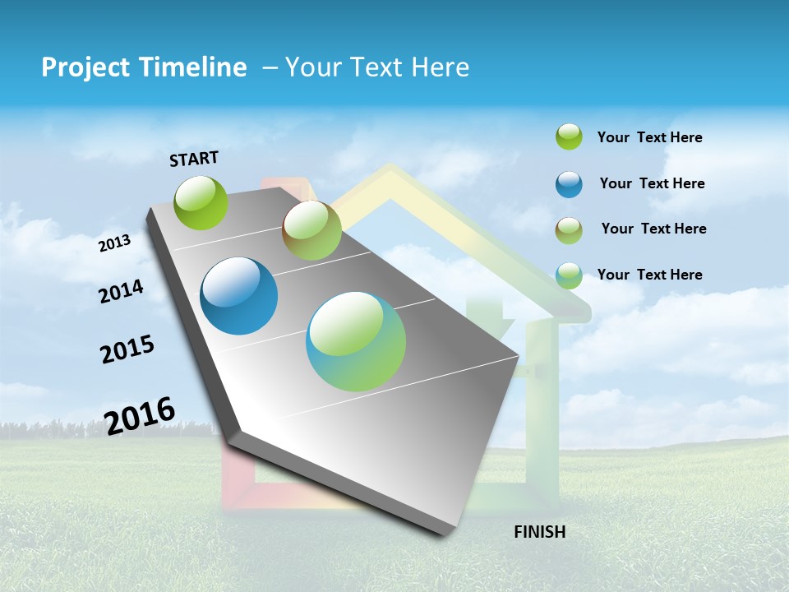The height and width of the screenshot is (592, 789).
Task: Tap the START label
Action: click(x=194, y=159)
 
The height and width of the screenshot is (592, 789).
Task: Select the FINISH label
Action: click(x=540, y=532)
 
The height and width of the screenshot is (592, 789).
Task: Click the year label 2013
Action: click(x=115, y=243)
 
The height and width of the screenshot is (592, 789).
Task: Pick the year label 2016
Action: click(x=140, y=415)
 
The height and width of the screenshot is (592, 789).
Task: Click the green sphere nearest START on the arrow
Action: click(x=201, y=202)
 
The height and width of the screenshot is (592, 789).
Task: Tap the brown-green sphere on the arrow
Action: click(x=311, y=231)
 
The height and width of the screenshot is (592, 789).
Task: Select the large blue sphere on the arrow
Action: click(x=239, y=296)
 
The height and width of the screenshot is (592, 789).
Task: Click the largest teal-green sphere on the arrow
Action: click(x=356, y=341)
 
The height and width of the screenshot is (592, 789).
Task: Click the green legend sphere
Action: click(x=569, y=136)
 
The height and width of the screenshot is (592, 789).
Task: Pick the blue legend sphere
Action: click(x=569, y=184)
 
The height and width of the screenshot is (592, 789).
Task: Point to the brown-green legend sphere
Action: click(x=569, y=230)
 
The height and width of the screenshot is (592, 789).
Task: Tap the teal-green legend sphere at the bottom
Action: click(x=569, y=275)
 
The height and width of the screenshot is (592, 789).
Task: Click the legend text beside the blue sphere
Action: click(x=653, y=183)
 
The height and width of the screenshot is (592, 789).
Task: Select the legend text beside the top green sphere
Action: click(x=650, y=137)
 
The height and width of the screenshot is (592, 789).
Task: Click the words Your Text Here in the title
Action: click(x=377, y=67)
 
